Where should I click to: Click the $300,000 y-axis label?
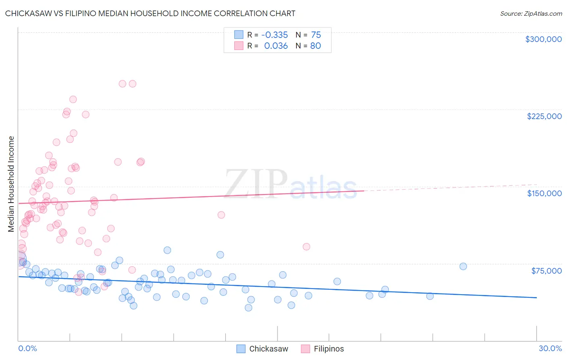tap(543, 39)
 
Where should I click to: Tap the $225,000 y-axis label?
tap(544, 116)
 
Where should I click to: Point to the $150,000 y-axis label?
tap(544, 193)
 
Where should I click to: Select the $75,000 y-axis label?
tap(546, 270)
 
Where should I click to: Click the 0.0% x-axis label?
tap(27, 348)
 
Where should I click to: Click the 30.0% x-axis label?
tap(550, 348)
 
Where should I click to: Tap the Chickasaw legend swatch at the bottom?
tap(241, 349)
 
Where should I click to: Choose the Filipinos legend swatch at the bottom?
tap(305, 349)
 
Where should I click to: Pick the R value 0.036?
tap(276, 46)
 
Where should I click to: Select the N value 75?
tap(316, 35)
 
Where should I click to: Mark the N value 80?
tap(315, 46)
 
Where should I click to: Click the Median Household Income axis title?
tap(11, 184)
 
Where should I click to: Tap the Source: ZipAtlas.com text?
tap(531, 14)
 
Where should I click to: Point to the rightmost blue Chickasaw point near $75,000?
tap(463, 266)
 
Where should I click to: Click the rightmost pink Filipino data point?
tap(306, 247)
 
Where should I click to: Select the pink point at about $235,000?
tap(73, 99)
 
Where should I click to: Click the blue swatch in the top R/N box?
tap(239, 35)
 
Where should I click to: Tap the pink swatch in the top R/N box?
tap(239, 46)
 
